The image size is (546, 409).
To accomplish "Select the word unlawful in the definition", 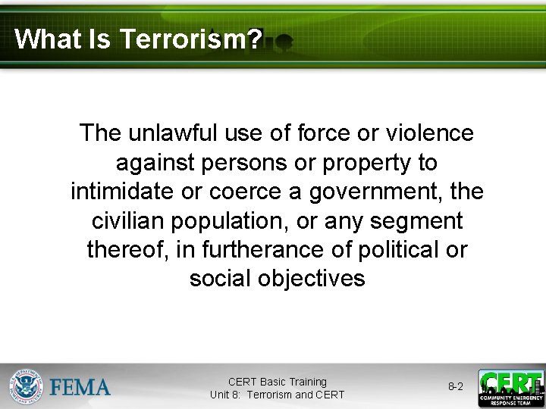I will [x=175, y=133].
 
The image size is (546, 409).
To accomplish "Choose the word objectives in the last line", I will [x=311, y=278].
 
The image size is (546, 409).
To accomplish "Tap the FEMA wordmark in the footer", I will [x=80, y=388].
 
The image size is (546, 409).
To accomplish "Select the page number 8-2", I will [x=456, y=387].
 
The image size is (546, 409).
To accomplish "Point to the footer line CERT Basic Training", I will [x=277, y=382].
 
